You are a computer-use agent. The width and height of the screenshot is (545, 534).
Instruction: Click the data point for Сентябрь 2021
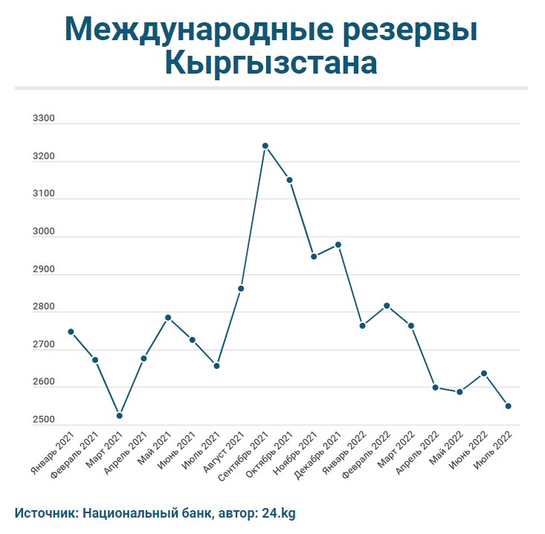click(x=265, y=146)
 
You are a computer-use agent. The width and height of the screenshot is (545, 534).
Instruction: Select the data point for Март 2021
click(x=119, y=416)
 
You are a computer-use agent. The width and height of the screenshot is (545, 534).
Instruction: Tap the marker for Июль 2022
click(x=508, y=406)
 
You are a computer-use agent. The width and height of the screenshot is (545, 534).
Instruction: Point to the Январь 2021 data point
click(x=71, y=332)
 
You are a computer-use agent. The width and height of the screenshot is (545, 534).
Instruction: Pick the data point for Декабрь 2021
click(x=338, y=245)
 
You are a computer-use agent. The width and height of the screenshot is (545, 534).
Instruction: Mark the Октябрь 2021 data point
click(x=289, y=180)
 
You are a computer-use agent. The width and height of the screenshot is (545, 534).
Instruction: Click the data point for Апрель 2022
click(x=435, y=387)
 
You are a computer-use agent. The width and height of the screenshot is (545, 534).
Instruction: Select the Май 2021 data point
click(x=168, y=318)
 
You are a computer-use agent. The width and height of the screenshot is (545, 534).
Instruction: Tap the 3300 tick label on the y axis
click(x=44, y=119)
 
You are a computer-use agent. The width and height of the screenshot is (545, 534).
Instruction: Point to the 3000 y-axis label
click(x=44, y=232)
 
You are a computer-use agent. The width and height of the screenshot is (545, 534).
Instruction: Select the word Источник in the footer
click(x=45, y=512)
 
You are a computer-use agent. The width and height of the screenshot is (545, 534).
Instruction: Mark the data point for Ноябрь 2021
click(x=314, y=257)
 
